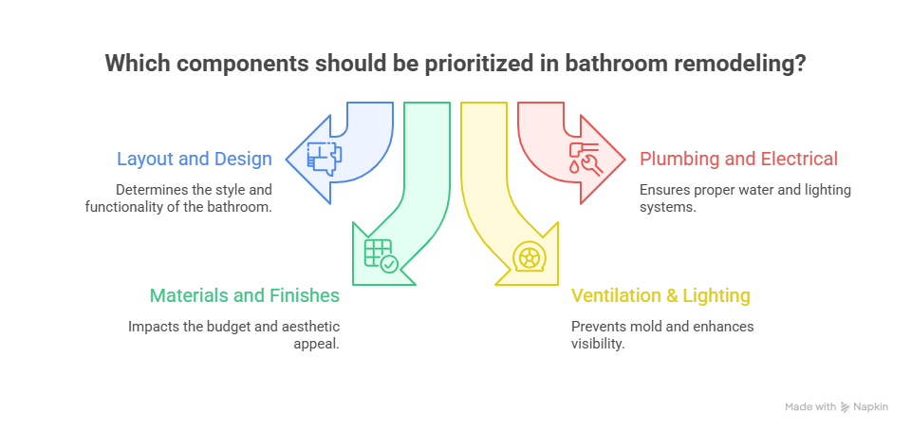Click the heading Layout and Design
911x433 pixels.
195,159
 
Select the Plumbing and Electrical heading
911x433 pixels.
738,159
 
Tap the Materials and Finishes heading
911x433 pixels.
244,295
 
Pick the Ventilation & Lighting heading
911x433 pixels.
660,295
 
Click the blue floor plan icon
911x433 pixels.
325,154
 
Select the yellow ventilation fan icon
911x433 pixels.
527,255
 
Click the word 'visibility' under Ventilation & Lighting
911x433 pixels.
596,343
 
